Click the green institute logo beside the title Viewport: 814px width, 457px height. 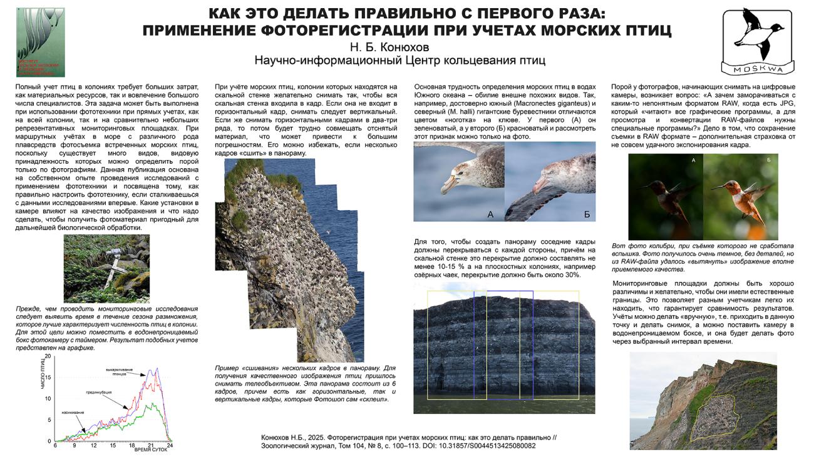[x=40, y=42]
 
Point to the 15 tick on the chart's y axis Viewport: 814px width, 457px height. [x=48, y=377]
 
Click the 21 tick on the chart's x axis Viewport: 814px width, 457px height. [x=151, y=445]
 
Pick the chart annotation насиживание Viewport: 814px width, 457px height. [x=73, y=413]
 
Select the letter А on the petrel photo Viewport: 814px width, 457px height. [x=490, y=214]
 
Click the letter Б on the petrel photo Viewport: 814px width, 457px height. [x=587, y=214]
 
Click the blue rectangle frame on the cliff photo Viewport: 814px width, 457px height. [x=503, y=344]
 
